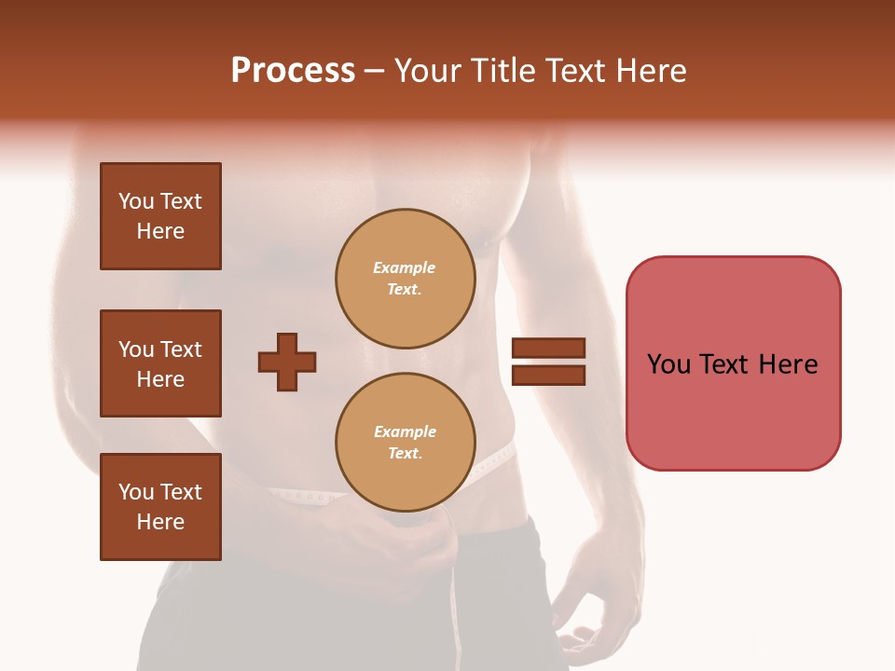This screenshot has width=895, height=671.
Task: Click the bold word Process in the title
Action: (293, 71)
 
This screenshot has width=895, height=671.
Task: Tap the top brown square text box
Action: (160, 216)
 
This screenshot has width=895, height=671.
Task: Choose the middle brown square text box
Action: (160, 363)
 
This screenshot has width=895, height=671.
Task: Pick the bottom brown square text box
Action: (160, 507)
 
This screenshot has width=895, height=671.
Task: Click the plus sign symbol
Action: (287, 362)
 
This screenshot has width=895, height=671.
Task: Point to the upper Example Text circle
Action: (405, 279)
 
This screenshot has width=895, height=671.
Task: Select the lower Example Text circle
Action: (405, 443)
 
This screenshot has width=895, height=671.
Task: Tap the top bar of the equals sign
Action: (548, 349)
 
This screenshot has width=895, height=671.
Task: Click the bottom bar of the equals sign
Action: (548, 375)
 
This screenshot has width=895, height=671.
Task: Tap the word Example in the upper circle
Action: (404, 268)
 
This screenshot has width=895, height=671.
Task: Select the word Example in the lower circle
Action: (405, 432)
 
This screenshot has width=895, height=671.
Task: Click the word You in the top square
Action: (136, 201)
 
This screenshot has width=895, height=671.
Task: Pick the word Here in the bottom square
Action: (160, 522)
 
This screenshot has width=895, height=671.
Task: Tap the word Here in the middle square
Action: (160, 379)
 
